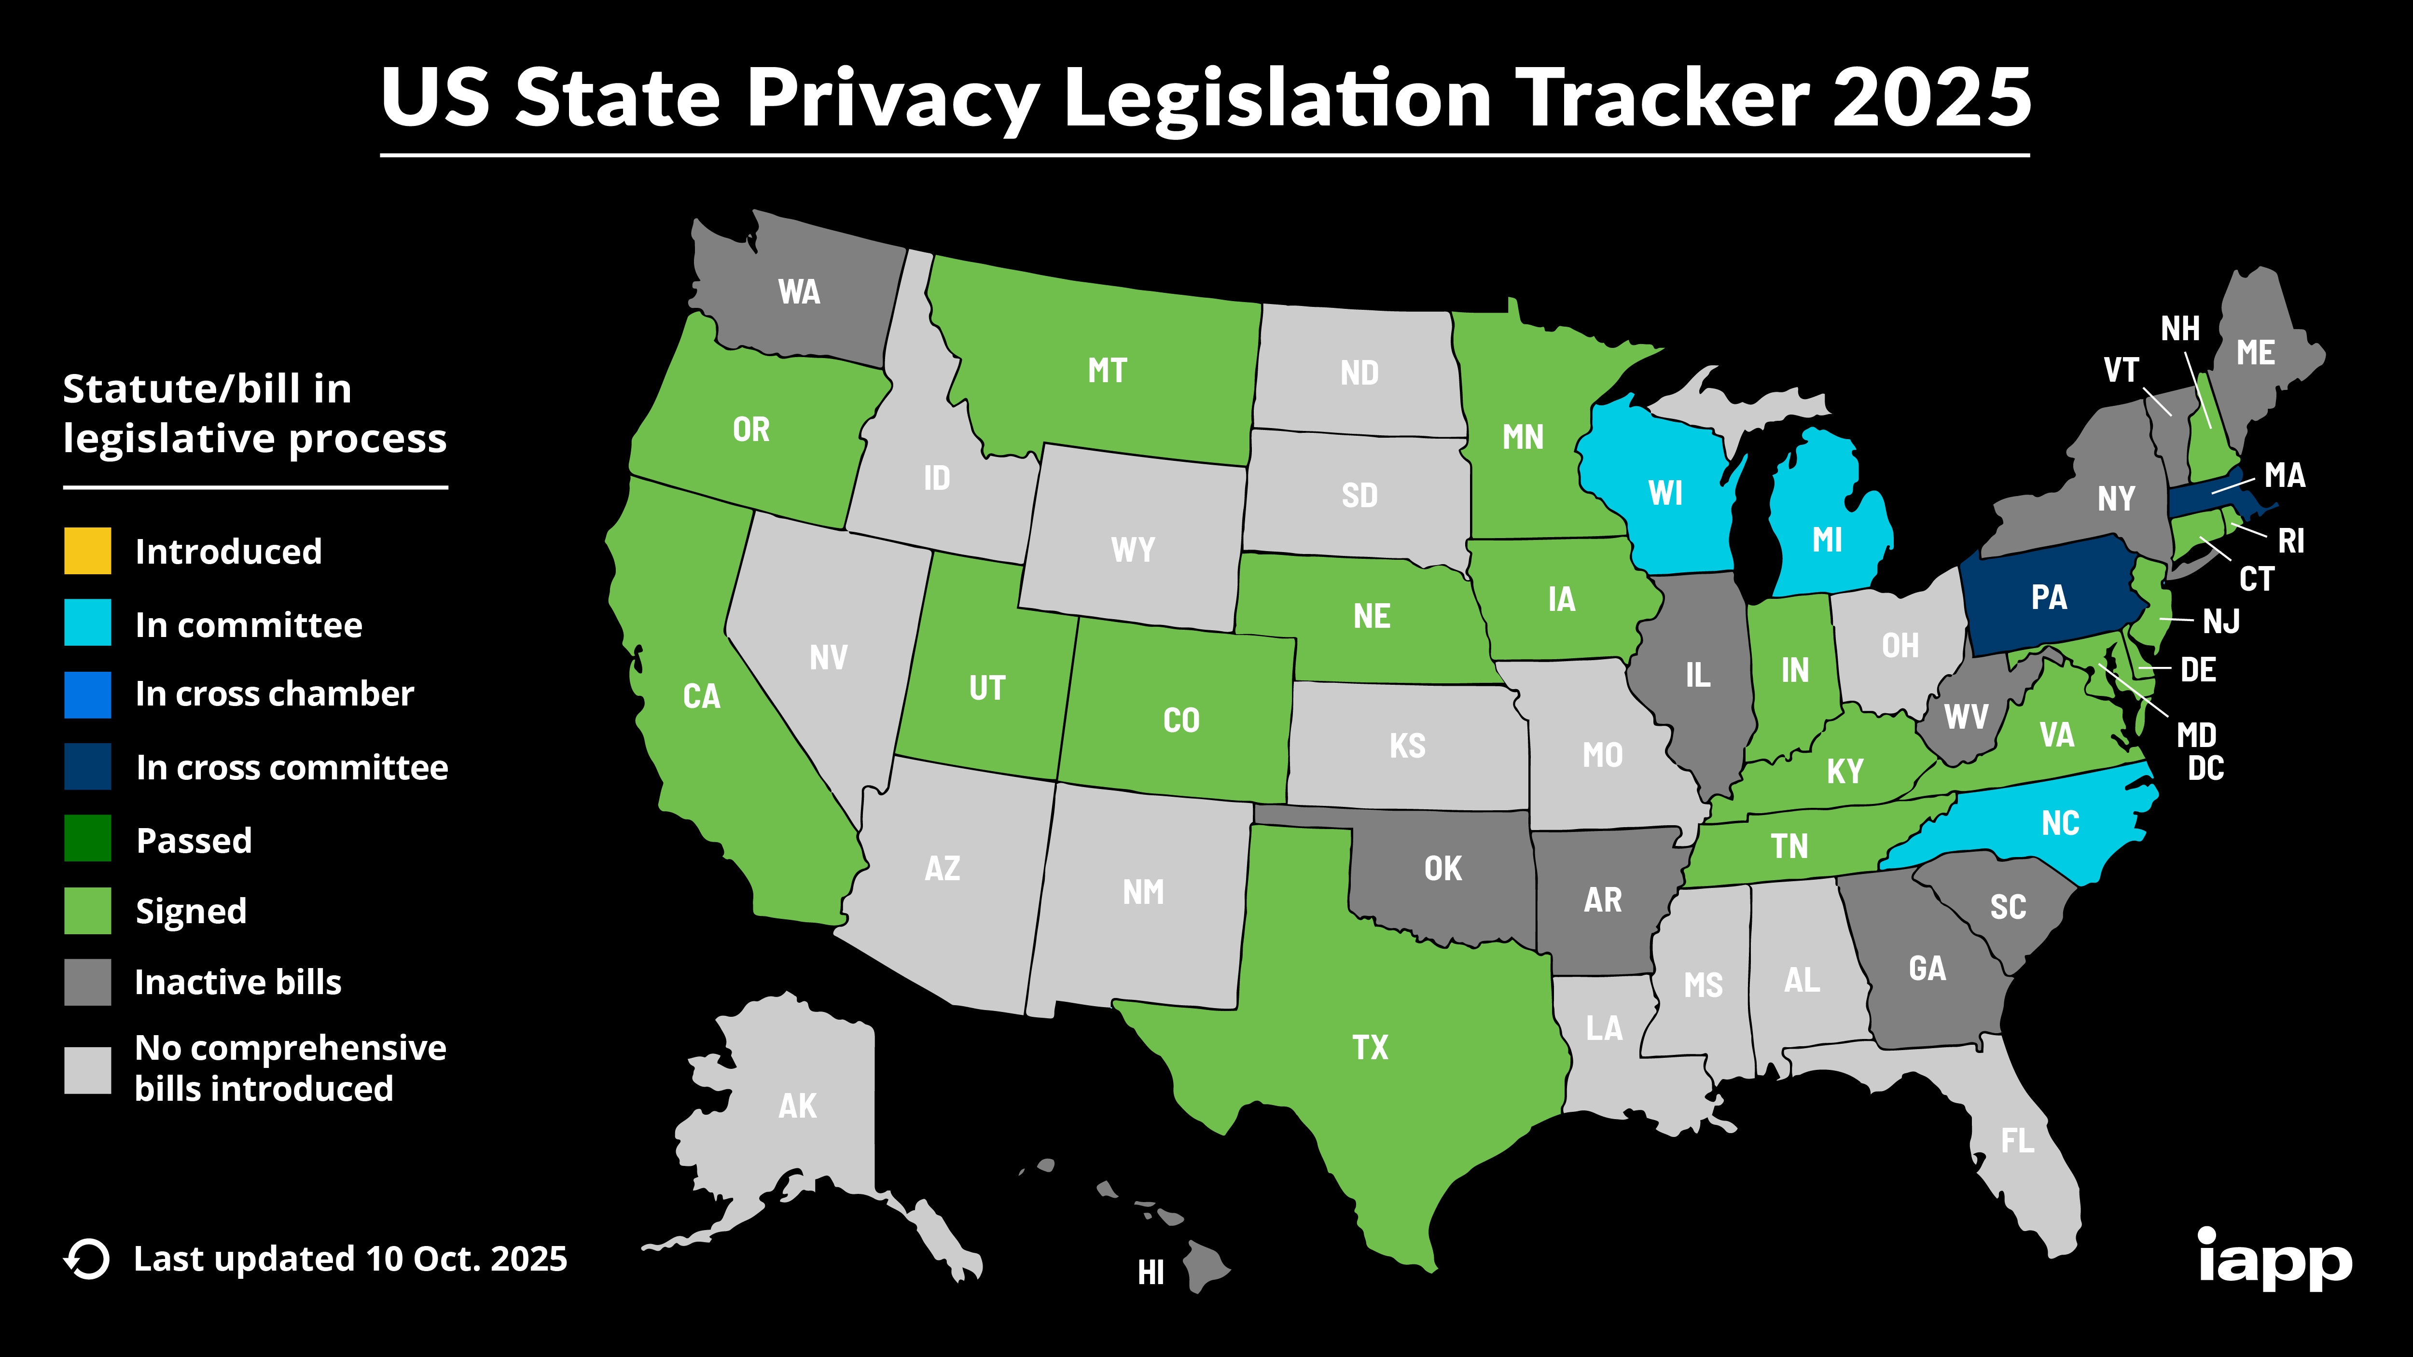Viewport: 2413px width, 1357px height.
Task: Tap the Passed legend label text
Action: coord(194,840)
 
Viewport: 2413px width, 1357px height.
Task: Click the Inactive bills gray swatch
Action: coord(87,982)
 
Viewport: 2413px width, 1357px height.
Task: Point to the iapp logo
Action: coord(2274,1260)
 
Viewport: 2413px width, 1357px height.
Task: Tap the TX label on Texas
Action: coord(1370,1047)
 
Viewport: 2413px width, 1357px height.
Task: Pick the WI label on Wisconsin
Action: coord(1665,494)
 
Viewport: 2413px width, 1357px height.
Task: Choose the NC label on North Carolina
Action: coord(2060,823)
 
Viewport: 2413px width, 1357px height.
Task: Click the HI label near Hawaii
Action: coord(1151,1272)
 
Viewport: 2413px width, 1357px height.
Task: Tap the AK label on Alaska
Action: coord(797,1106)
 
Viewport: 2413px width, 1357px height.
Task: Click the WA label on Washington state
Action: coord(799,292)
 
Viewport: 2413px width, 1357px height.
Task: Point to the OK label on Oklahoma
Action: coord(1442,868)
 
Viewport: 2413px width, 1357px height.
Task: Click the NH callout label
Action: coord(2180,329)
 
